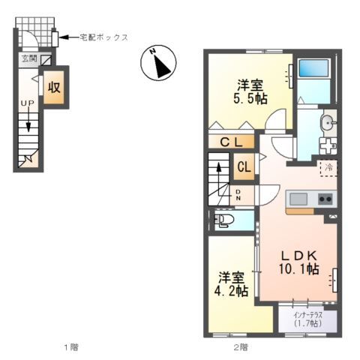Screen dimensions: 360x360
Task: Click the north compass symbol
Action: tap(158, 62)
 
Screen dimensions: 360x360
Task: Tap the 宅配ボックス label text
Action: tap(103, 37)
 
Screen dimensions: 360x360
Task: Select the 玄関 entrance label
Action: tap(29, 58)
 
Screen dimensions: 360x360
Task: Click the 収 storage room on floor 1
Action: tap(54, 87)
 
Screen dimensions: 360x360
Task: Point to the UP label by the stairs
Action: tap(28, 103)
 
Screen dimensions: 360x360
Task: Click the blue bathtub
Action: tap(313, 68)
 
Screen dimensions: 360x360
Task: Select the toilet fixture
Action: tap(224, 220)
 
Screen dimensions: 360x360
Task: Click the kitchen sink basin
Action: tap(298, 199)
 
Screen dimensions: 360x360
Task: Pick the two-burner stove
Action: tap(325, 199)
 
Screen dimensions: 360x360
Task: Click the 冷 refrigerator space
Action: tap(328, 168)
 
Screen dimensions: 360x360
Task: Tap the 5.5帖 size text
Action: tap(250, 99)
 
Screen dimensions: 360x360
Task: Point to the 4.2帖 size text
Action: tap(232, 291)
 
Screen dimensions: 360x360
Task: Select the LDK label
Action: tap(299, 256)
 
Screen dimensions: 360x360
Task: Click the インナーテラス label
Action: tap(308, 315)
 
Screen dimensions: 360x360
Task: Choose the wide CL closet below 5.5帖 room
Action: tap(231, 142)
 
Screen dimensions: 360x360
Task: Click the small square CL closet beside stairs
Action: tap(244, 166)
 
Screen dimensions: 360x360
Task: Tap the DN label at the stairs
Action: tap(238, 195)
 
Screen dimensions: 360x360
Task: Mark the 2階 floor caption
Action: tap(241, 347)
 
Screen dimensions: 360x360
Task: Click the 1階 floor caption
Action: tap(71, 347)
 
